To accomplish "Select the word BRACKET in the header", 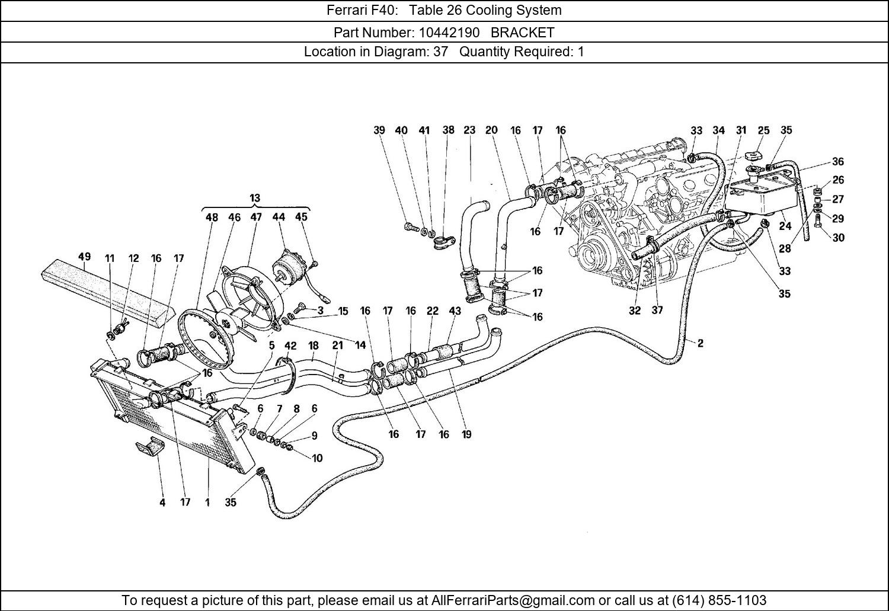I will [x=522, y=32].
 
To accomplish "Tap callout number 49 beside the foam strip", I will [x=84, y=257].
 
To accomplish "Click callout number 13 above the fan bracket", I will [x=255, y=198].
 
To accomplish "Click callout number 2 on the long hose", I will [x=700, y=343].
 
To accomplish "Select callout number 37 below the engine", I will [x=657, y=310].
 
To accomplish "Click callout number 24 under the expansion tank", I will [x=785, y=226].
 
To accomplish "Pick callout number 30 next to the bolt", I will [x=838, y=238].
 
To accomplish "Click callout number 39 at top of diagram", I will [x=379, y=130].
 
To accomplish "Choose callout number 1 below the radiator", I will [x=207, y=503].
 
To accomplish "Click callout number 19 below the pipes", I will [x=466, y=434].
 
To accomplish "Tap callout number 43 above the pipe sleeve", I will [x=455, y=311].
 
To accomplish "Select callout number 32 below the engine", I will [x=635, y=310].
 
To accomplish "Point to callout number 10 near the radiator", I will [x=317, y=458].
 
